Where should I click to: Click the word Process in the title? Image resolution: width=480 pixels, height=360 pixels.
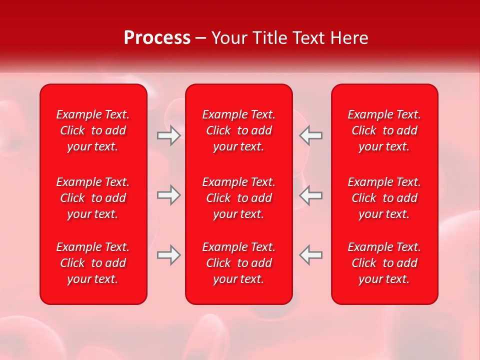tap(157, 37)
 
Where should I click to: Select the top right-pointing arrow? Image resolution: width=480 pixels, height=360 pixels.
tap(168, 135)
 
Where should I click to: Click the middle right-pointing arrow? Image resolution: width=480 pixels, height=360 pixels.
tap(168, 195)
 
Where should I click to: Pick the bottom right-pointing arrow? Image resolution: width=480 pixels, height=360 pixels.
tap(168, 255)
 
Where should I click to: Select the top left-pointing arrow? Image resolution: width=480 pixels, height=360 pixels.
tap(310, 135)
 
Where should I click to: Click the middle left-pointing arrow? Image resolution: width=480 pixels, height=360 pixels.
tap(310, 195)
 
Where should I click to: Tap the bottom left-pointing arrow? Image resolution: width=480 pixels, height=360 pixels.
tap(310, 255)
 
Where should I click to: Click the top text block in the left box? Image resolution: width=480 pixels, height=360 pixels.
tap(93, 130)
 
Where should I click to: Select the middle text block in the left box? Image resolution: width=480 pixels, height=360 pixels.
tap(93, 198)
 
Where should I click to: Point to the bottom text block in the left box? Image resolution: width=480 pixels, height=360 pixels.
tap(93, 263)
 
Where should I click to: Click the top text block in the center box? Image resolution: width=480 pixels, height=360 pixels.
tap(239, 130)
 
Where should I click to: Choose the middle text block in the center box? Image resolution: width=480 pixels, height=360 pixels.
tap(239, 198)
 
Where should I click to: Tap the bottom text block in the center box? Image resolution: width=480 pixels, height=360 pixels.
tap(239, 263)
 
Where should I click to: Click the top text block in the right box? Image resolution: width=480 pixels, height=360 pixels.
tap(384, 130)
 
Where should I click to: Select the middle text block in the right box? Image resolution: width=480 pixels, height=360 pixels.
tap(384, 198)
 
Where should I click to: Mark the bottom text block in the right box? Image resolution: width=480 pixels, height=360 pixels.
tap(384, 263)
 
